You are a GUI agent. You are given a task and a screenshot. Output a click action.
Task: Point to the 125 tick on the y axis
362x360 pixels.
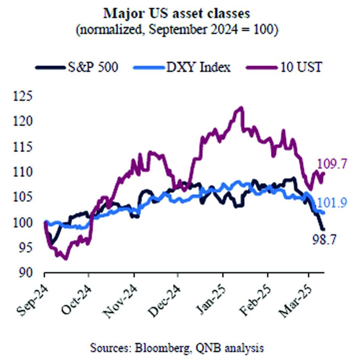[22, 96]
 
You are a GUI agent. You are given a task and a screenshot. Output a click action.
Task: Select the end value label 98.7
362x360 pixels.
[324, 239]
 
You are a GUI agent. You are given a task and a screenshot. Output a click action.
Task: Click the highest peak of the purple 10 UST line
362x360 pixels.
[241, 108]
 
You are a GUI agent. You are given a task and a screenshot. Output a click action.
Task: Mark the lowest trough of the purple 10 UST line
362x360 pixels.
[65, 259]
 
